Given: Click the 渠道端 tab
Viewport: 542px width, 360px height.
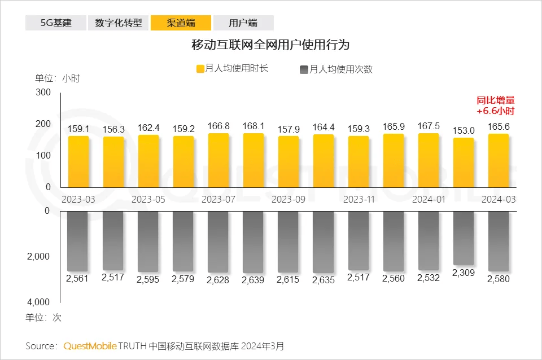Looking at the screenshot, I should (181, 23).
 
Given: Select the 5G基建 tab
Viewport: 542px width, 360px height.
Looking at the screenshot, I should (55, 23).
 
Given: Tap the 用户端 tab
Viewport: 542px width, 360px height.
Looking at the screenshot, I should (243, 23).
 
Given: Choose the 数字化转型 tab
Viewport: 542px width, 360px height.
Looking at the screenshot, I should (118, 23).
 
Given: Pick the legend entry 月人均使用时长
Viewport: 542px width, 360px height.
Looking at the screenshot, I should (231, 68).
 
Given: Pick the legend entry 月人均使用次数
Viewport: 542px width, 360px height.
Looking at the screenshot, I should (335, 69).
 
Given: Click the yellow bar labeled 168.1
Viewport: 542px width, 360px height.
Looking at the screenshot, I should (253, 160).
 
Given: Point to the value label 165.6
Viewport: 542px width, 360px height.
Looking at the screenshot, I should (499, 127).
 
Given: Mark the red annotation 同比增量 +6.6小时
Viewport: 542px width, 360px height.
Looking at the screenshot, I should (495, 106).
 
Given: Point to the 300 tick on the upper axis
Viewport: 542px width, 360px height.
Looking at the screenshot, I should (43, 92).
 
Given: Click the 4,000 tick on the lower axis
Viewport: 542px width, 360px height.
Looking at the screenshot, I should (38, 302).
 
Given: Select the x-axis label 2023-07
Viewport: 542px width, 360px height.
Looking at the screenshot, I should (218, 199).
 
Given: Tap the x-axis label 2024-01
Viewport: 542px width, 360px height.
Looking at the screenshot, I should (428, 199).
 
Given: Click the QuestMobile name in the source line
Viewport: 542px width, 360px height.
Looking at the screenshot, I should (90, 345).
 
